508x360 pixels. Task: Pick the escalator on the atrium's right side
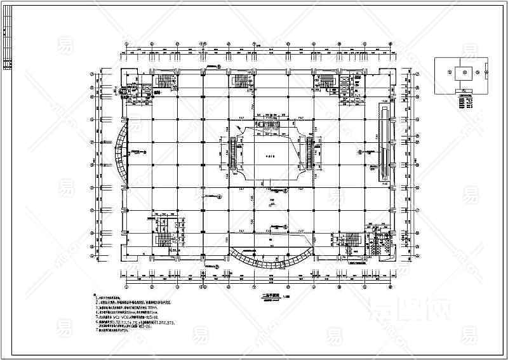coord(309,152)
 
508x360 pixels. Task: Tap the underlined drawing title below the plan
coord(260,293)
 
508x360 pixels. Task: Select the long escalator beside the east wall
coord(383,139)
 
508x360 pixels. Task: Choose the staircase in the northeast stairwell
coord(324,80)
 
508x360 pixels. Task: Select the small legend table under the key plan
coord(465,100)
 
